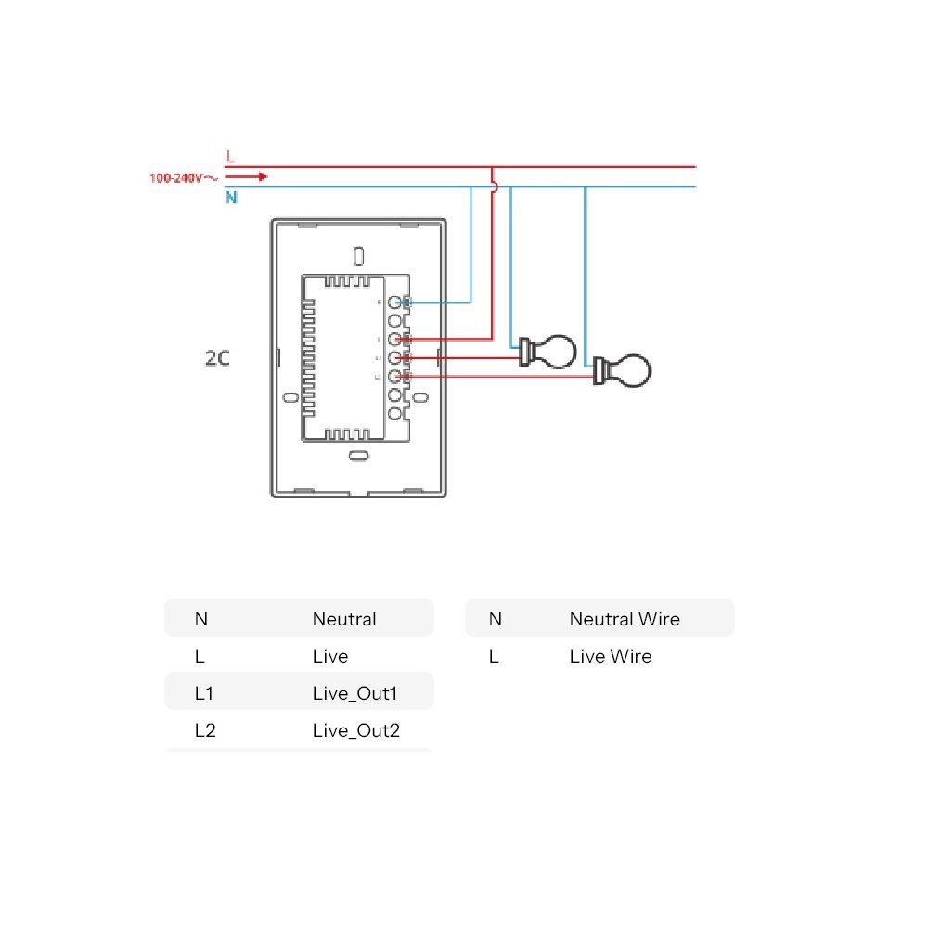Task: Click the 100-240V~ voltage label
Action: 183,177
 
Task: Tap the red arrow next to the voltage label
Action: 246,176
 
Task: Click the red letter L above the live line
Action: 230,156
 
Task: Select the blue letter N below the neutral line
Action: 231,198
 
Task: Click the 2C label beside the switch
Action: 217,357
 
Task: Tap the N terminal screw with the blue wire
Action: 395,303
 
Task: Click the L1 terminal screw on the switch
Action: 395,357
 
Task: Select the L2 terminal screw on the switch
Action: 395,376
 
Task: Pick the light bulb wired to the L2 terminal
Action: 624,370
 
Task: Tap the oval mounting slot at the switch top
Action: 359,254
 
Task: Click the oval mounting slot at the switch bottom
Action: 357,455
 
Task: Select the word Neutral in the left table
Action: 344,619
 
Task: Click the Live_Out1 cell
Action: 356,693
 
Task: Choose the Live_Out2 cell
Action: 356,730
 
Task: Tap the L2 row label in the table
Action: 205,730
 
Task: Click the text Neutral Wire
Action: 625,619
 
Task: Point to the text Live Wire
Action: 611,656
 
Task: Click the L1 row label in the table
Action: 204,693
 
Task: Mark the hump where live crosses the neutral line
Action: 495,187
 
